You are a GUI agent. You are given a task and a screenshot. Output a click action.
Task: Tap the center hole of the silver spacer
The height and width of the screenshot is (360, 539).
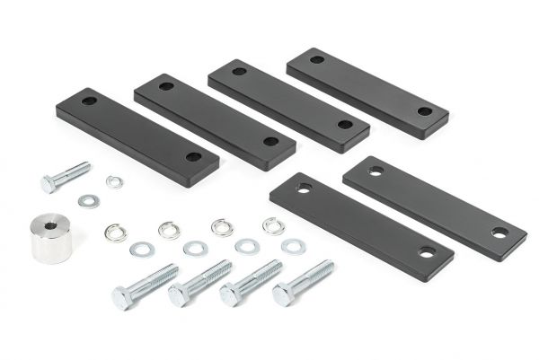pyautogui.click(x=49, y=220)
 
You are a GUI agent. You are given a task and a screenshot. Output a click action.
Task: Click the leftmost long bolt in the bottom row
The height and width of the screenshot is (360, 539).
pyautogui.click(x=143, y=286)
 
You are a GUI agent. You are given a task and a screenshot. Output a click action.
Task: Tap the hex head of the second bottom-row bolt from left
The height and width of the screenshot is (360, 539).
pyautogui.click(x=178, y=294)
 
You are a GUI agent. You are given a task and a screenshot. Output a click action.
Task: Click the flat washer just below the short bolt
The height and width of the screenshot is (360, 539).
pyautogui.click(x=88, y=201)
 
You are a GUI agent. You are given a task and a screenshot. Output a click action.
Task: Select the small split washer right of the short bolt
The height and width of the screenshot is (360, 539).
pyautogui.click(x=114, y=181)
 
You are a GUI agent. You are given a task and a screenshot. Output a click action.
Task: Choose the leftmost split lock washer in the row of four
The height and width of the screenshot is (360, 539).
pyautogui.click(x=115, y=233)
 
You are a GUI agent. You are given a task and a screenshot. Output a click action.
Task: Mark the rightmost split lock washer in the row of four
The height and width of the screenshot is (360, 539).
pyautogui.click(x=273, y=225)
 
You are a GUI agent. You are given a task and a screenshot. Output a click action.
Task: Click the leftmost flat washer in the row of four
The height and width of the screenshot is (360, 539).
pyautogui.click(x=141, y=249)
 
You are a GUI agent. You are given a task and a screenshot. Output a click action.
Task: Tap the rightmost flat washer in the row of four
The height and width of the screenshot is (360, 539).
pyautogui.click(x=292, y=245)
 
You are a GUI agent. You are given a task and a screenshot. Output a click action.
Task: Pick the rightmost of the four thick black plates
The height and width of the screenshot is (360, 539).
pyautogui.click(x=367, y=92)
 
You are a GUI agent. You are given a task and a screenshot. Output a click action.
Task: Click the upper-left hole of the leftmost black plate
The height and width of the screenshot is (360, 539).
pyautogui.click(x=89, y=101)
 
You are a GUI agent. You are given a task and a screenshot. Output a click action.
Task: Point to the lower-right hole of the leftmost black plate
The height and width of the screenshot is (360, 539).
pyautogui.click(x=193, y=156)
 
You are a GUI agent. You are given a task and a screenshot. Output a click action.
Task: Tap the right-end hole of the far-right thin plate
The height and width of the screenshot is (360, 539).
pyautogui.click(x=499, y=233)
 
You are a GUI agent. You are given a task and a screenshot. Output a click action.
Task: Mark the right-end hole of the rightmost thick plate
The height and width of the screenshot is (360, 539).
pyautogui.click(x=424, y=111)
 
